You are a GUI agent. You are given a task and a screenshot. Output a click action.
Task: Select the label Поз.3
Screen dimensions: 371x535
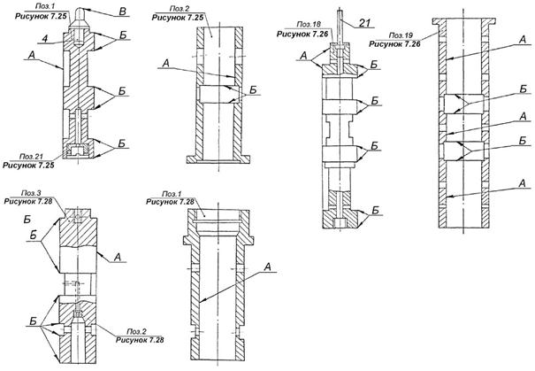(x=20, y=192)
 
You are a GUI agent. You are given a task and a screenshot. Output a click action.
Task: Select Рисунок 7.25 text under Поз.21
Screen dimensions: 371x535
(x=27, y=164)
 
